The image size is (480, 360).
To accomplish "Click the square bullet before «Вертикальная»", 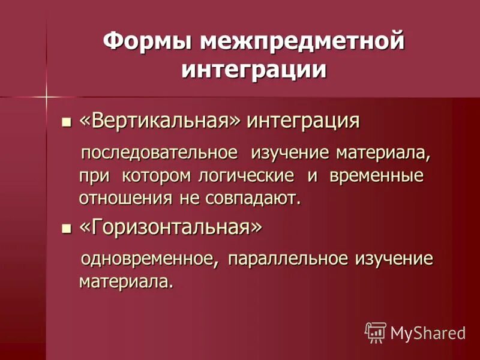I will coord(67,122).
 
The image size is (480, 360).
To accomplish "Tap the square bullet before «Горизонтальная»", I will coord(67,229).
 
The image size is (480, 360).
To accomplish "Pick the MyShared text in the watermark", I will coord(427,332).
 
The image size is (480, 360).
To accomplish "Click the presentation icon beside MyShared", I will coord(375,332).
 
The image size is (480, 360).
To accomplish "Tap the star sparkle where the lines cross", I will coord(46,96).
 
